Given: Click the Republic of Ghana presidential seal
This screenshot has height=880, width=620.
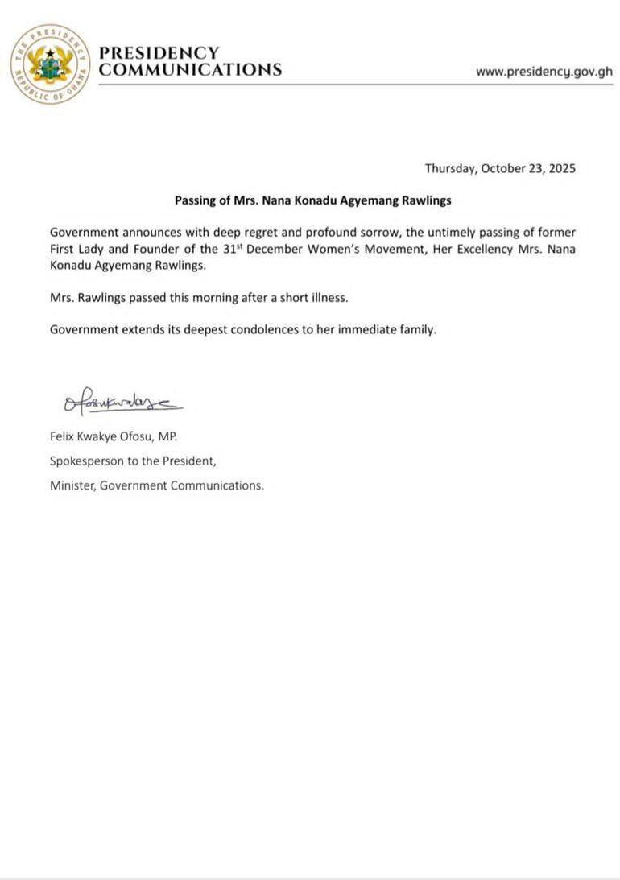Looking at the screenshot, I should click(x=50, y=64).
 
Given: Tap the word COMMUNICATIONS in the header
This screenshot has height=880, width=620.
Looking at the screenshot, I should click(x=190, y=70).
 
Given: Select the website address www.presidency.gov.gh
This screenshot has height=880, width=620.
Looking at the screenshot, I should click(x=544, y=72).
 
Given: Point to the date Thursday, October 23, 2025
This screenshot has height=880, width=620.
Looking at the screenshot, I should click(x=500, y=169).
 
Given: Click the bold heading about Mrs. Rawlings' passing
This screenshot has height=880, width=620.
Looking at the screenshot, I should click(x=313, y=200).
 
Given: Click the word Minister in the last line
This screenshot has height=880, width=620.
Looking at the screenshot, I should click(x=72, y=485).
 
